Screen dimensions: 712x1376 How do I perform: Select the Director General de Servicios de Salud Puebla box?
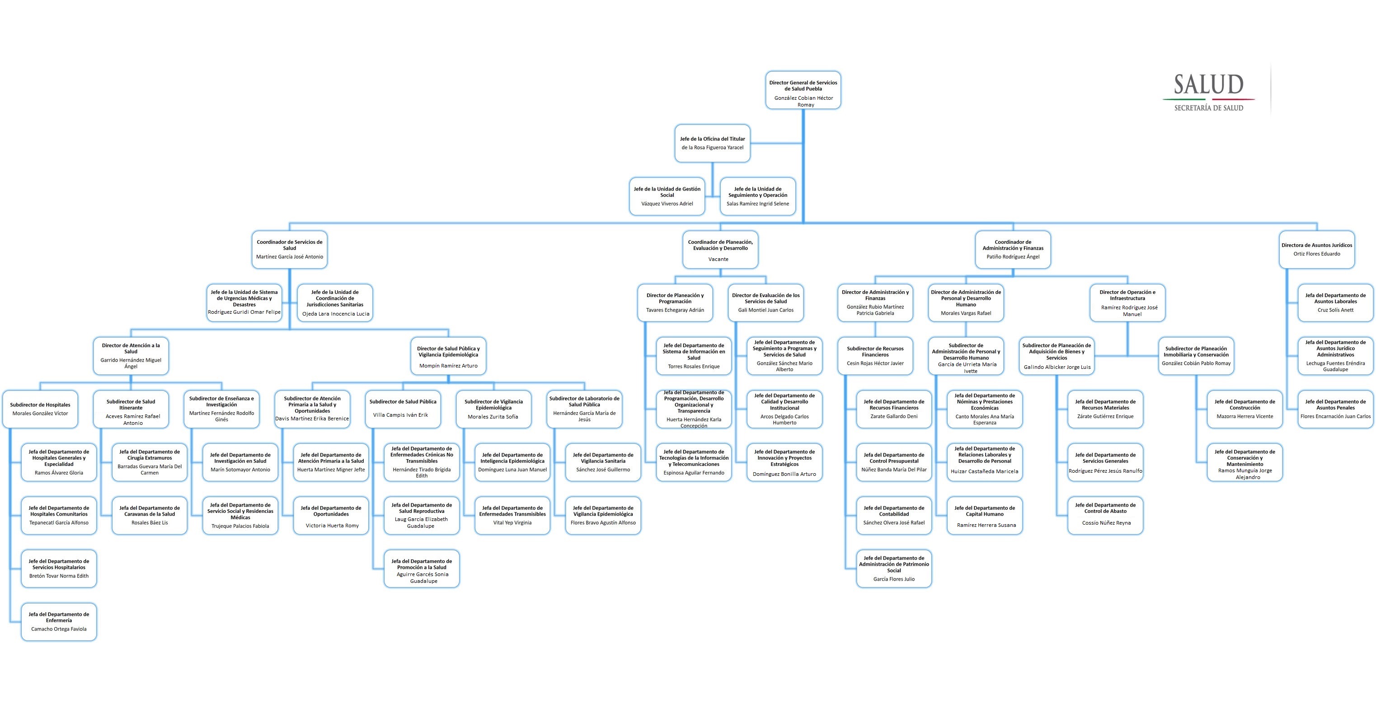pyautogui.click(x=803, y=90)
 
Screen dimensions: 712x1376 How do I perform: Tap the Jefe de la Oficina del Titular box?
pyautogui.click(x=712, y=143)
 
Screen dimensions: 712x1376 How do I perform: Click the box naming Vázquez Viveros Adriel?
pyautogui.click(x=667, y=196)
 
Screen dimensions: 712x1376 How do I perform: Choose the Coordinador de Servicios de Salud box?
pyautogui.click(x=290, y=249)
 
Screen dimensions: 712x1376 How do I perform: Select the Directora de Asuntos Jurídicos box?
pyautogui.click(x=1316, y=249)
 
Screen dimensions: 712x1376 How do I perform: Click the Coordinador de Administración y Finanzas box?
pyautogui.click(x=1012, y=249)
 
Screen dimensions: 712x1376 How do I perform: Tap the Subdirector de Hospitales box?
pyautogui.click(x=40, y=409)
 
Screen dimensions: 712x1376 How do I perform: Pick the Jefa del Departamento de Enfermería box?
pyautogui.click(x=59, y=622)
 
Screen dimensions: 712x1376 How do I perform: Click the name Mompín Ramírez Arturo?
pyautogui.click(x=448, y=366)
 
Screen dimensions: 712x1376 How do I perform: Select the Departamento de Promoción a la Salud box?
pyautogui.click(x=422, y=569)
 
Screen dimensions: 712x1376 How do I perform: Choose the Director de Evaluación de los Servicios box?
pyautogui.click(x=765, y=302)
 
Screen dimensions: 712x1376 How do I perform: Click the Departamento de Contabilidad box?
pyautogui.click(x=894, y=516)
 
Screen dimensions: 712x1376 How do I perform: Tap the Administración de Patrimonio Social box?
pyautogui.click(x=894, y=569)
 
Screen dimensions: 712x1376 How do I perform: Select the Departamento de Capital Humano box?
pyautogui.click(x=985, y=516)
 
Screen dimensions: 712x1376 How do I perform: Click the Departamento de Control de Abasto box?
pyautogui.click(x=1105, y=516)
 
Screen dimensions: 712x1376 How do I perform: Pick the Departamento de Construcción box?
pyautogui.click(x=1245, y=409)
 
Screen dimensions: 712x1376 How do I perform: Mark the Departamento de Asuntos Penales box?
pyautogui.click(x=1335, y=409)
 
